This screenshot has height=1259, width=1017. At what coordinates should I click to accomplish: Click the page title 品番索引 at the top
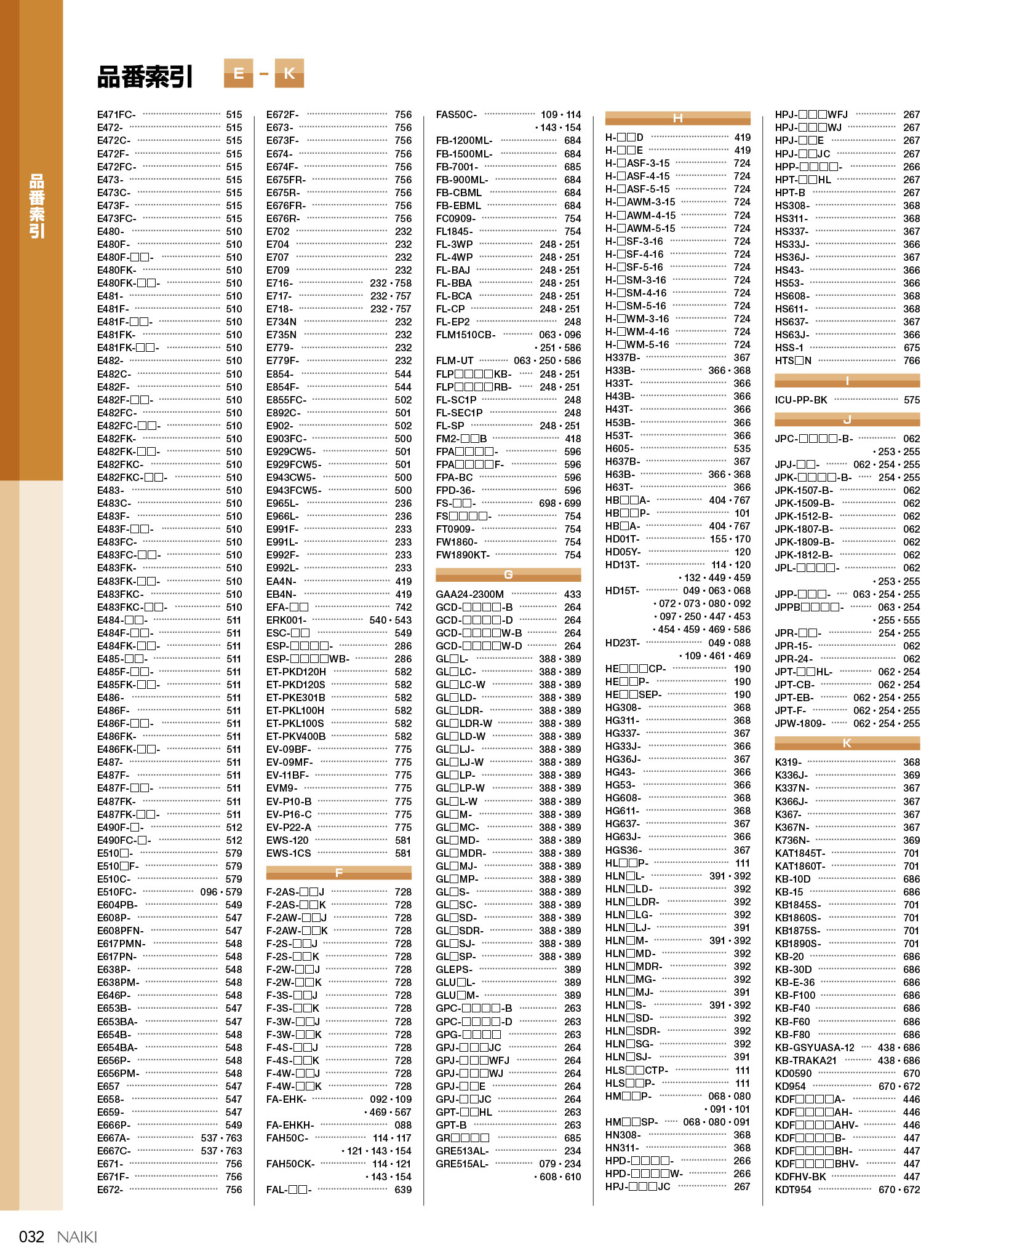pyautogui.click(x=145, y=76)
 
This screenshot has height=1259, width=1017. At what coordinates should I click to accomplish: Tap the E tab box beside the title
pyautogui.click(x=238, y=74)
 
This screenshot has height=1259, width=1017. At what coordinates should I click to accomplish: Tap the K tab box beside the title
pyautogui.click(x=289, y=74)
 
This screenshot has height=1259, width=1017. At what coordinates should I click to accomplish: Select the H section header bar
pyautogui.click(x=677, y=118)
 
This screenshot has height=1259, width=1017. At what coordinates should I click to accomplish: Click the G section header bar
pyautogui.click(x=508, y=574)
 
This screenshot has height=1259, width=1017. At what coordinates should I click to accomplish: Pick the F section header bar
pyautogui.click(x=338, y=872)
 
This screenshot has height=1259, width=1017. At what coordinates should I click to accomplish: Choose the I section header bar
pyautogui.click(x=847, y=381)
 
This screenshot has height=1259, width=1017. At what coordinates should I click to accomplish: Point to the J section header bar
pyautogui.click(x=847, y=419)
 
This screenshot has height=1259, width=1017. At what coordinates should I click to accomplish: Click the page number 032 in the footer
pyautogui.click(x=31, y=1236)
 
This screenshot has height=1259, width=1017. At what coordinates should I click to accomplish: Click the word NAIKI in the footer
pyautogui.click(x=77, y=1236)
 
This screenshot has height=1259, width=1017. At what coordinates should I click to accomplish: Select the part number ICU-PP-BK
pyautogui.click(x=800, y=400)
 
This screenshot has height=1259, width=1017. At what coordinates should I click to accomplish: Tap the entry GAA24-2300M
pyautogui.click(x=469, y=594)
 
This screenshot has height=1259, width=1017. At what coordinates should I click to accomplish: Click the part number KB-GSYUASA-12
pyautogui.click(x=814, y=1047)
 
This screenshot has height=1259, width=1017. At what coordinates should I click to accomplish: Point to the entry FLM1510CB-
pyautogui.click(x=465, y=335)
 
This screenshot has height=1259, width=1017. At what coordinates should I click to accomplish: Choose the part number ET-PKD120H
pyautogui.click(x=296, y=672)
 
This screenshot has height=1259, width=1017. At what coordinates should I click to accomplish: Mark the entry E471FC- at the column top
pyautogui.click(x=116, y=114)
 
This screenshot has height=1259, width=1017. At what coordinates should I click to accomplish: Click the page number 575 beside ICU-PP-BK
pyautogui.click(x=911, y=400)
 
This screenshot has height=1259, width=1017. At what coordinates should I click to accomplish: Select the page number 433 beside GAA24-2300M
pyautogui.click(x=572, y=594)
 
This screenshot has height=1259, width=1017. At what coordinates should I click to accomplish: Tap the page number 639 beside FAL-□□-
pyautogui.click(x=403, y=1189)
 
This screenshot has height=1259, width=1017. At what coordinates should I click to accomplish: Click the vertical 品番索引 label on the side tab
pyautogui.click(x=37, y=206)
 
